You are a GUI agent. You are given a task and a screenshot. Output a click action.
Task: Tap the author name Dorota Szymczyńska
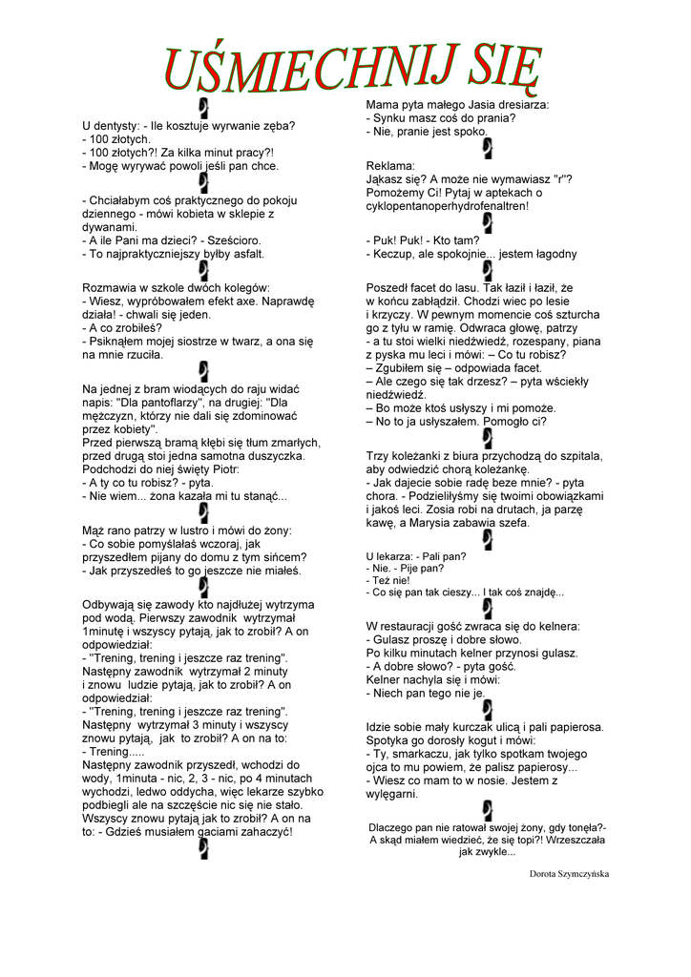click(569, 873)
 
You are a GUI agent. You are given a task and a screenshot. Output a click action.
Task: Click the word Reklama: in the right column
click(391, 165)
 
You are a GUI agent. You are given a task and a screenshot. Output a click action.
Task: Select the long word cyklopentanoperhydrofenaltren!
click(448, 205)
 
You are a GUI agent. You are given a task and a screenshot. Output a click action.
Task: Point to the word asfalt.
click(243, 255)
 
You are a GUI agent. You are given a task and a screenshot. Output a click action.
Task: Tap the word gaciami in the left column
click(199, 831)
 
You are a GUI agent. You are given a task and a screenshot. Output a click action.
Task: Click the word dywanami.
click(110, 228)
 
